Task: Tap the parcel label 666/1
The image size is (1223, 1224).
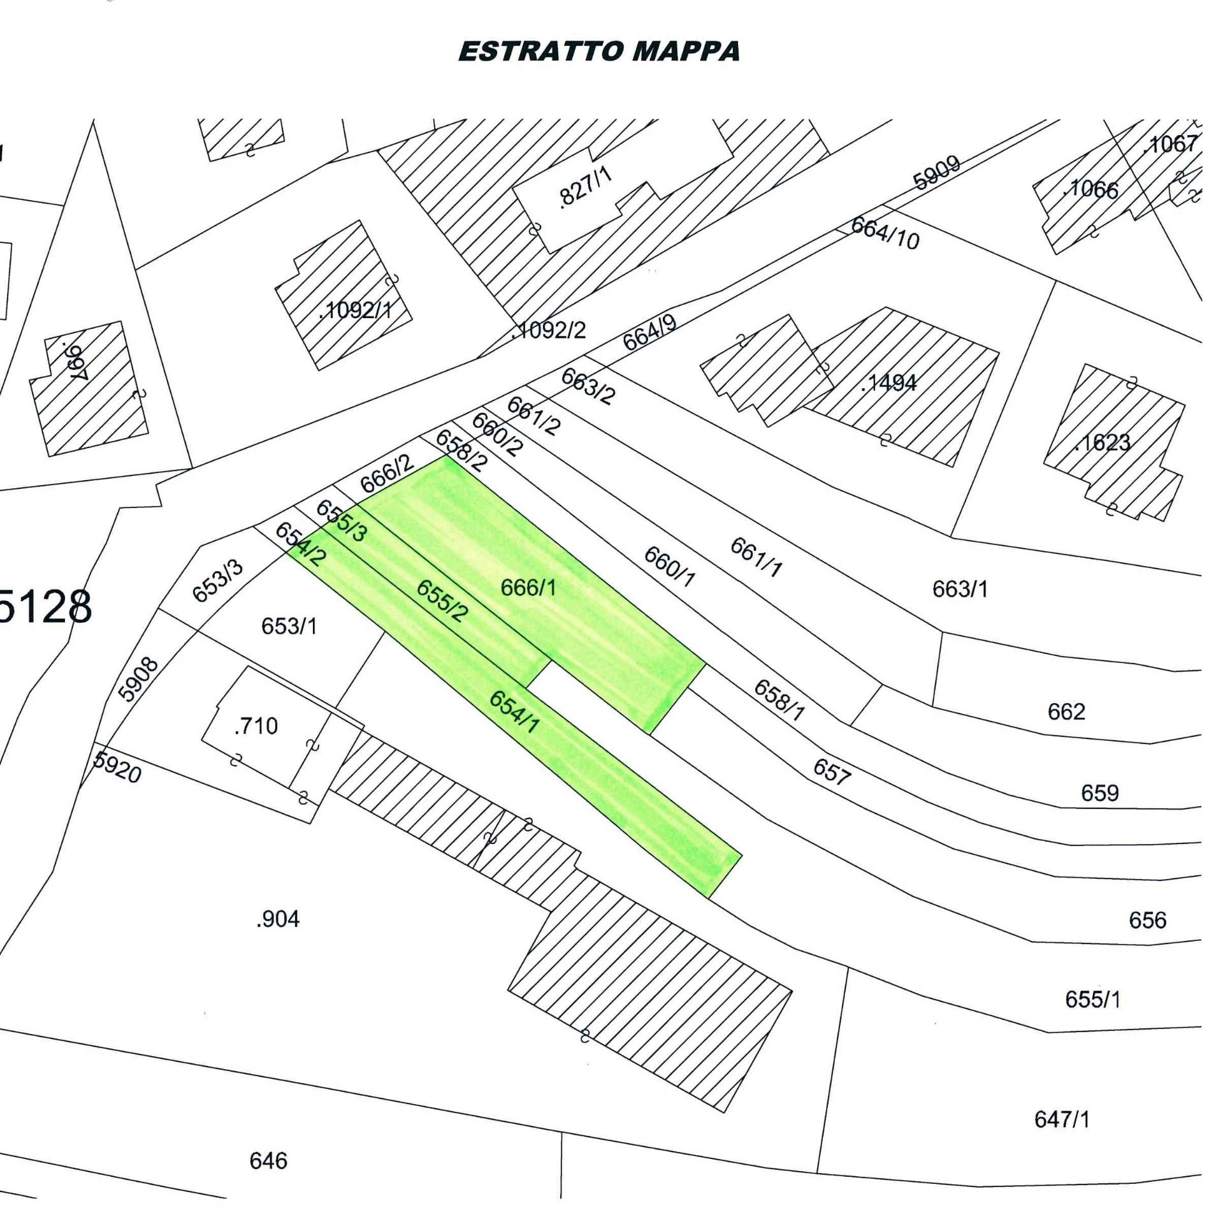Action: click(528, 587)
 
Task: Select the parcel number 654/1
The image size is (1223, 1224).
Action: click(514, 711)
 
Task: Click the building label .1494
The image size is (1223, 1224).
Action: click(888, 382)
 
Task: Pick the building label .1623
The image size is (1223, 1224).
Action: click(1102, 442)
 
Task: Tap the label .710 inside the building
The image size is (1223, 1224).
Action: click(256, 725)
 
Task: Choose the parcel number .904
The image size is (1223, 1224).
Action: click(277, 919)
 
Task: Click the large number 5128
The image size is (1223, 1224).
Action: click(45, 607)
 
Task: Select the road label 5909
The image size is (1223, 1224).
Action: click(936, 173)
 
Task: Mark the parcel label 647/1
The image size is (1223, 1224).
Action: click(1062, 1118)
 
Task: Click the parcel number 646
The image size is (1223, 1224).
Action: click(268, 1160)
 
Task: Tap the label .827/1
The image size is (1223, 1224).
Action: click(584, 188)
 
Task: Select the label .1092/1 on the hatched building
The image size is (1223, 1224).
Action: click(356, 310)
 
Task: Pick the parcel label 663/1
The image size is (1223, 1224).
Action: click(960, 588)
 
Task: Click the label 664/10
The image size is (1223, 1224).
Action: click(885, 233)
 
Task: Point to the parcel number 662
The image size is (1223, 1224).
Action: click(1066, 711)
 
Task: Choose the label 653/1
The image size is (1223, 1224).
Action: click(289, 626)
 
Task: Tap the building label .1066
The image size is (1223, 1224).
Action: click(1090, 189)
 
